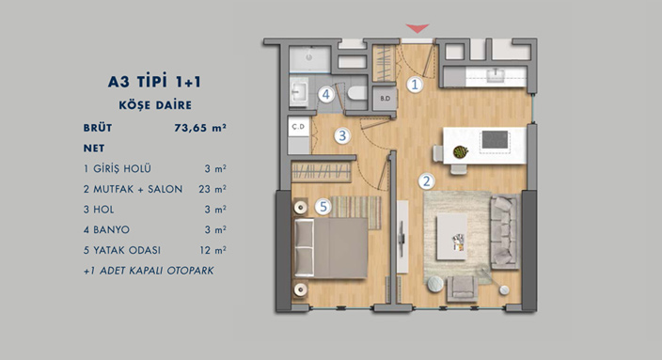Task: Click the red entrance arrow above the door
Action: pos(418,28)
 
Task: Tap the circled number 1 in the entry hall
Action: pos(415,85)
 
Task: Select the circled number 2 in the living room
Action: pos(426,181)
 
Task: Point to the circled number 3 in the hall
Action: pos(342,136)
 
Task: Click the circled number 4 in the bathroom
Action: pos(326,95)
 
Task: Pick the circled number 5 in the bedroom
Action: pos(323,207)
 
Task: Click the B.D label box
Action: pos(385,99)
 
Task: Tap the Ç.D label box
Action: pos(299,127)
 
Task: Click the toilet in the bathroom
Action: pos(357,93)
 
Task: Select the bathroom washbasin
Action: pos(299,92)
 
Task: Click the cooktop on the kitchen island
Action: pos(495,140)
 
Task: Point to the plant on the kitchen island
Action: pos(461,151)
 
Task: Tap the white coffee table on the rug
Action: pos(451,236)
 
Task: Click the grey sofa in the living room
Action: pos(505,232)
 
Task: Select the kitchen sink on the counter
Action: pos(496,76)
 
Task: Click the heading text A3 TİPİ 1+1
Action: pos(154,81)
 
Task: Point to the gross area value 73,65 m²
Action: pos(200,128)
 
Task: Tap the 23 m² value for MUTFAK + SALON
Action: pos(213,189)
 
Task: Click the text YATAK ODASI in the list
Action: pos(127,250)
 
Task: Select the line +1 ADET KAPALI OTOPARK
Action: pos(149,271)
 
